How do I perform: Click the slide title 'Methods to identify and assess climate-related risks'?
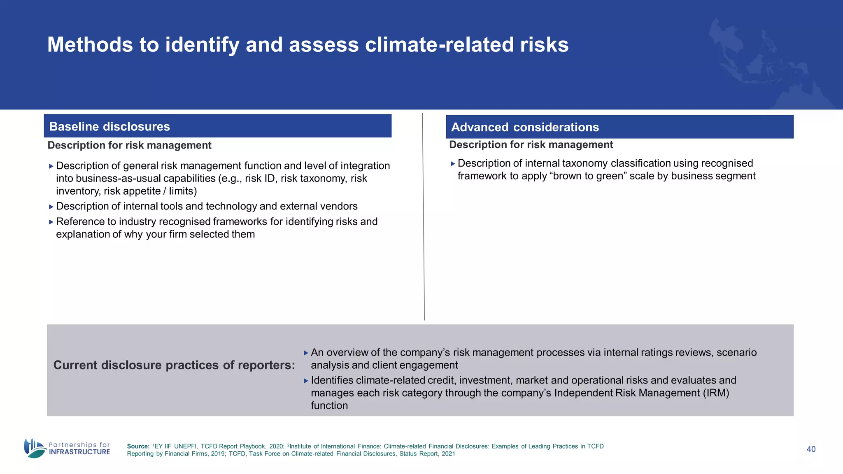coord(307,44)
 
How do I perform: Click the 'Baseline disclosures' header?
coord(109,126)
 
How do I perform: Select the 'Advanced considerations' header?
coord(525,127)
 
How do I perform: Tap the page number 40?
coord(811,449)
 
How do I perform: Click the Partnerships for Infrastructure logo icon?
coord(35,448)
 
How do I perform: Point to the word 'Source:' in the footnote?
coord(138,446)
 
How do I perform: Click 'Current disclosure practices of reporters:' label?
coord(174,365)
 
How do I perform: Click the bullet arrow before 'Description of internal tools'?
coord(51,207)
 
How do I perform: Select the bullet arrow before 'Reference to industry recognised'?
coord(51,222)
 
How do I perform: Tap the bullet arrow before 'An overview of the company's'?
coord(306,353)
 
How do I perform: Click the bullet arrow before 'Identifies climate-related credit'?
coord(306,381)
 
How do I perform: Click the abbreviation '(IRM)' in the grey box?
coord(716,393)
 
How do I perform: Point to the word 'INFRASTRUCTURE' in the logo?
coord(79,452)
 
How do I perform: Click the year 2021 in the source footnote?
coord(448,454)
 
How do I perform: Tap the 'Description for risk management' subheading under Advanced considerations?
coord(531,145)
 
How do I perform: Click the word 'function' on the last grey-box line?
coord(329,406)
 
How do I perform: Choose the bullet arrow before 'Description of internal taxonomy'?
coord(453,164)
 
